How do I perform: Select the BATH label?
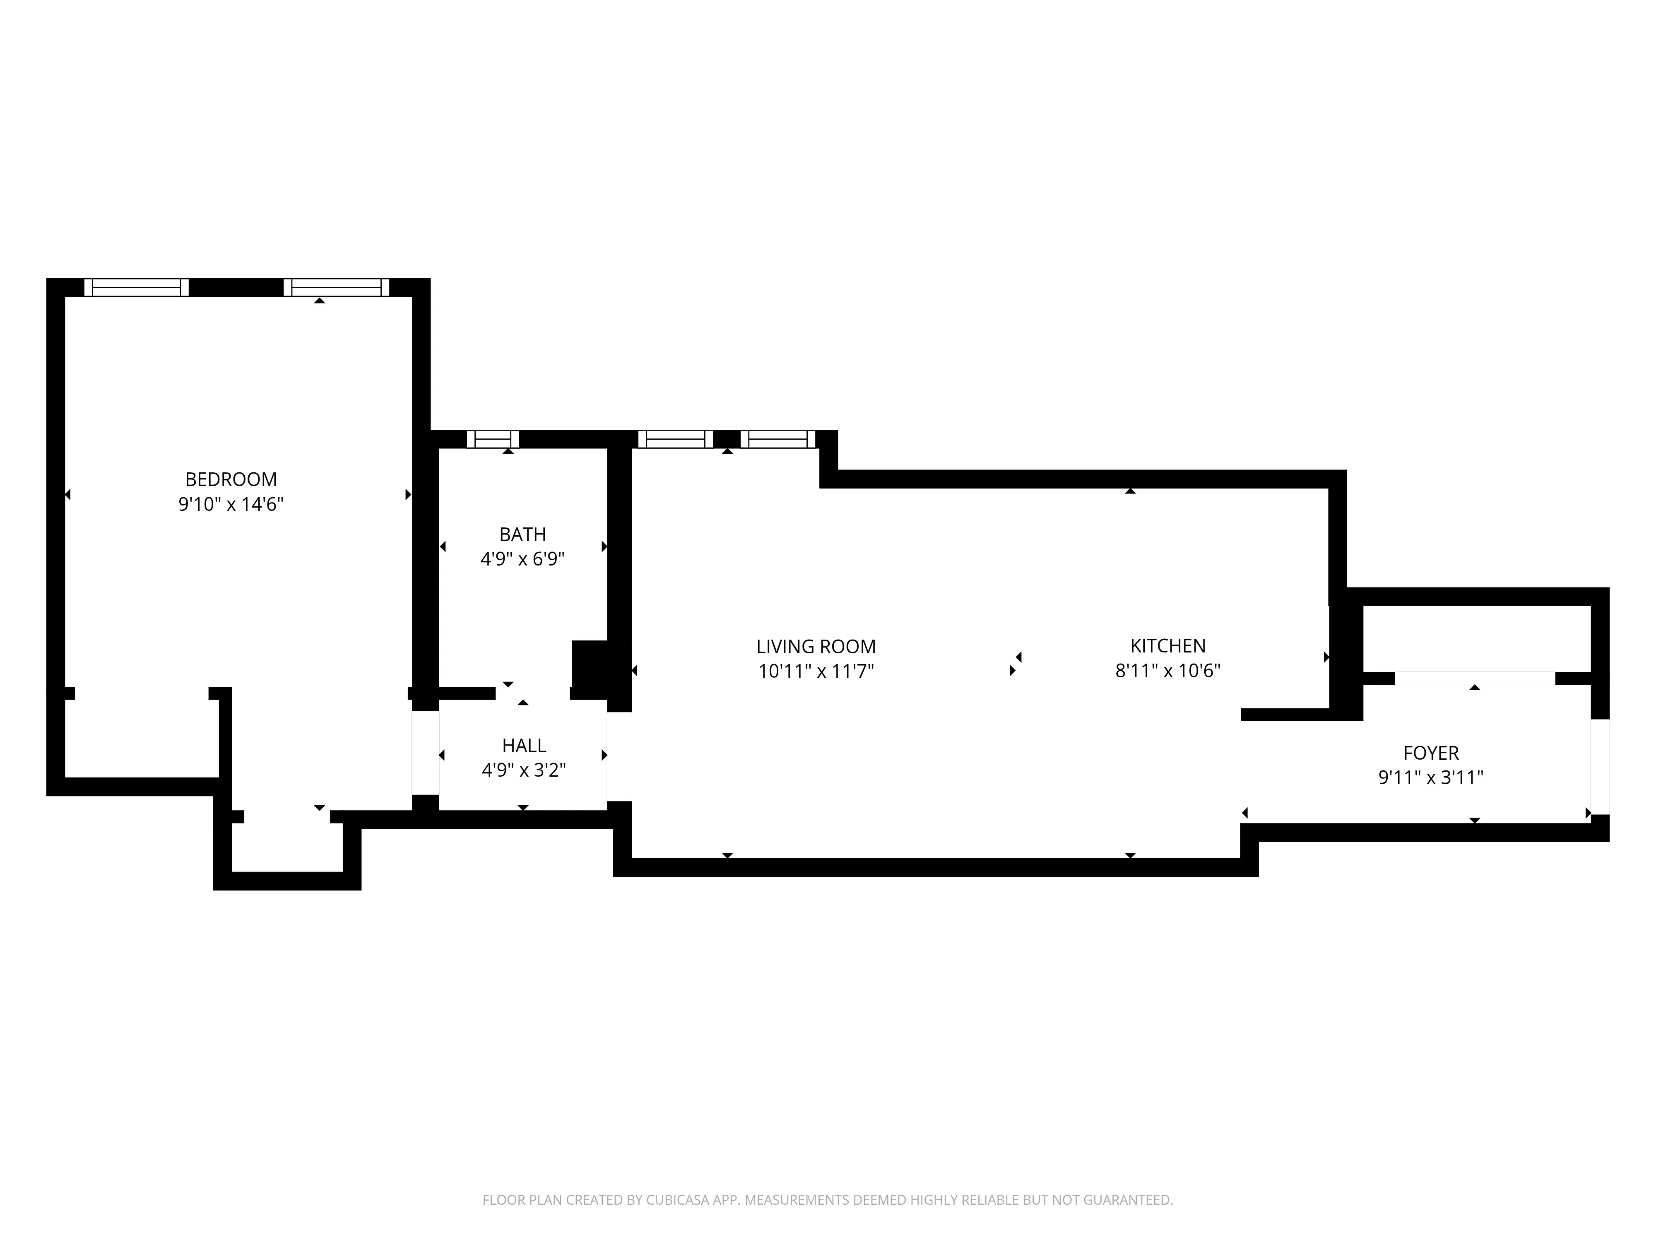(522, 534)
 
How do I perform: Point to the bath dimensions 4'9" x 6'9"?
(522, 559)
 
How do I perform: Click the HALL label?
(524, 746)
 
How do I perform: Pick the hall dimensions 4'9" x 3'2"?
(524, 770)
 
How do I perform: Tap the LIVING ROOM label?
(816, 647)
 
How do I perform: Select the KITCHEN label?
(1168, 646)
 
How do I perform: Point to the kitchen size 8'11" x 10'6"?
(1168, 671)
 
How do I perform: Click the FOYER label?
(1431, 753)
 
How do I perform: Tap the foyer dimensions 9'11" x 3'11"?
(1431, 778)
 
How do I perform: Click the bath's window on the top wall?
(493, 439)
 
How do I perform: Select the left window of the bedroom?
(136, 287)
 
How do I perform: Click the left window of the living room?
(675, 439)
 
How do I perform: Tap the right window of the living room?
(778, 439)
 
